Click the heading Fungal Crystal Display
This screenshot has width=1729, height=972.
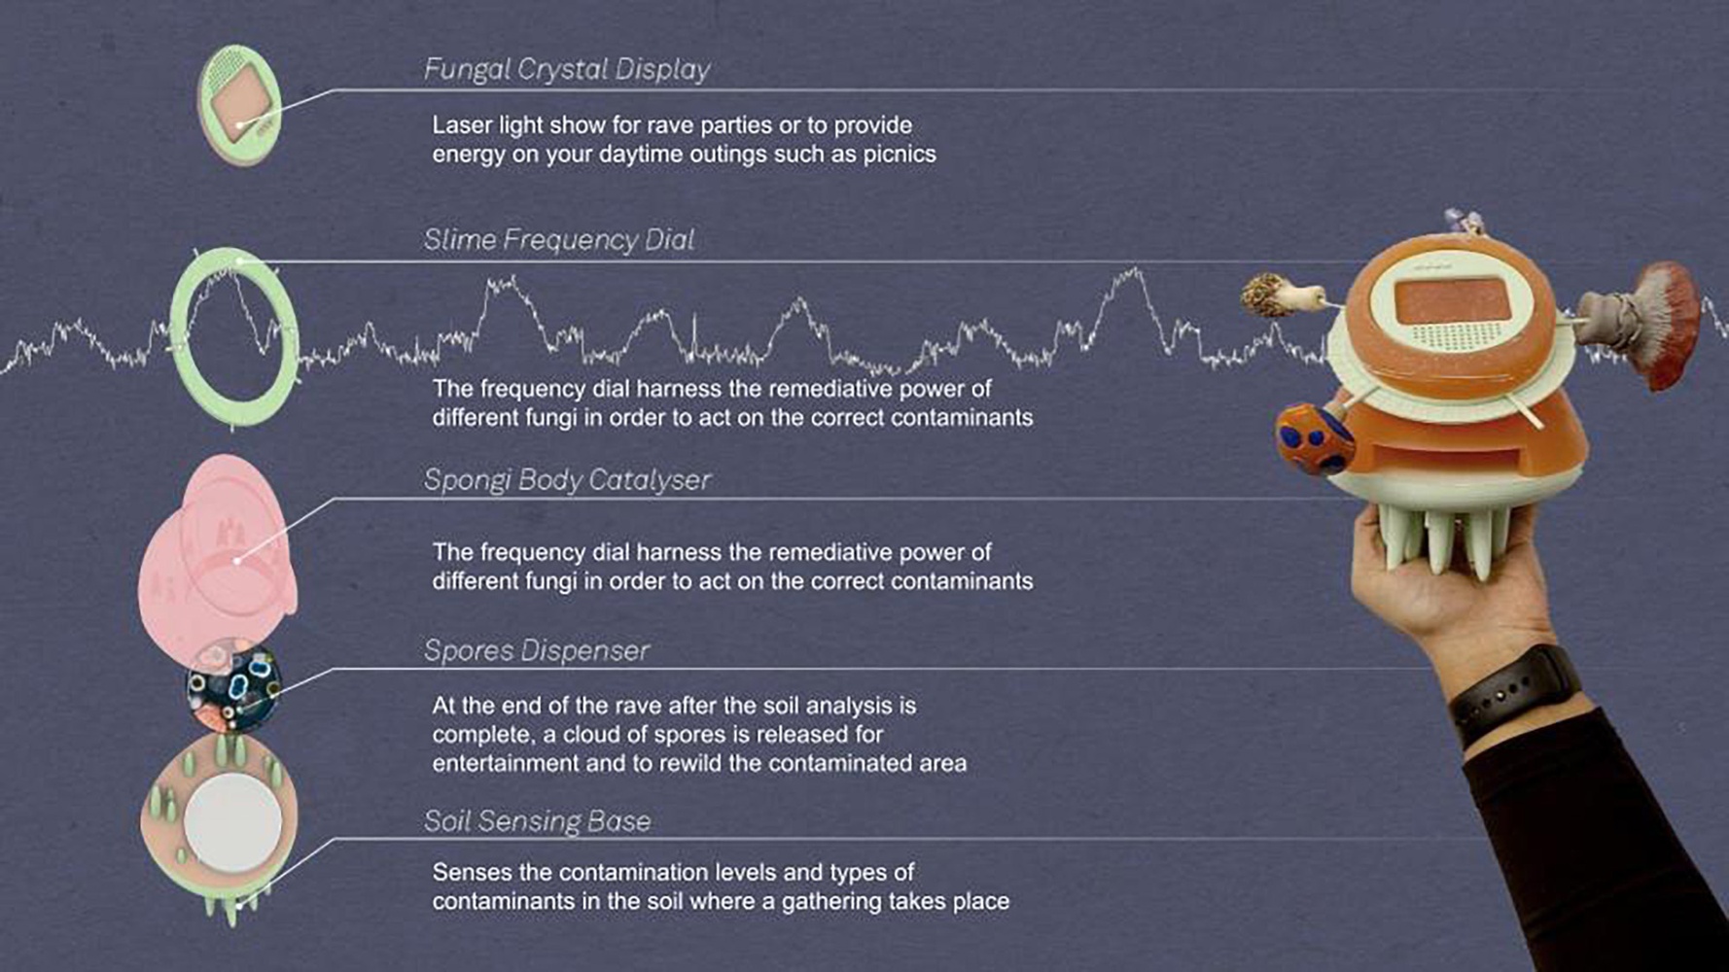[x=567, y=70]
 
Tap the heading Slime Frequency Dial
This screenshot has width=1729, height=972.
[x=559, y=240]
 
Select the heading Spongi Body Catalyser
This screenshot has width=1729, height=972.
[x=568, y=480]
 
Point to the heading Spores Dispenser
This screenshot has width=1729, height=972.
[x=537, y=650]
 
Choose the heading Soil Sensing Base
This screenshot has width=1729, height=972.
[x=538, y=821]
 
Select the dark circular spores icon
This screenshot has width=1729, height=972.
[x=233, y=686]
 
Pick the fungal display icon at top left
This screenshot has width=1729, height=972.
[x=239, y=105]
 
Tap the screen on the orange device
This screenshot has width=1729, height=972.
[x=1455, y=303]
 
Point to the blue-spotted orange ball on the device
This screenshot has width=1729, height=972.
[x=1314, y=440]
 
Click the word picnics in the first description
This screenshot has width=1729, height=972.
[x=900, y=155]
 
